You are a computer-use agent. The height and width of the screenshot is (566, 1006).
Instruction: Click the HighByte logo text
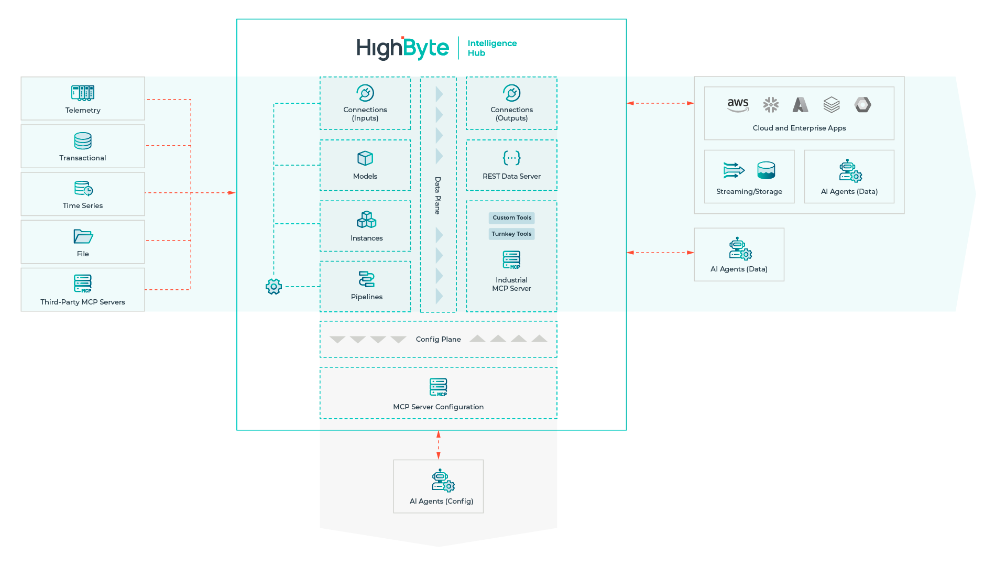click(x=402, y=48)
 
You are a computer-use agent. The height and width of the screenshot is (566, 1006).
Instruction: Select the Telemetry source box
click(x=83, y=99)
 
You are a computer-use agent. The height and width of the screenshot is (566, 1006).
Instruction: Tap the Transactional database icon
click(x=83, y=140)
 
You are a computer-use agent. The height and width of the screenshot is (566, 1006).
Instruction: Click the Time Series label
click(x=83, y=205)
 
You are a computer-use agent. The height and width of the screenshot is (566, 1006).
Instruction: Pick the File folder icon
click(x=83, y=236)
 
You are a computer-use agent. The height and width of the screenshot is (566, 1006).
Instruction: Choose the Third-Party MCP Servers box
click(x=83, y=290)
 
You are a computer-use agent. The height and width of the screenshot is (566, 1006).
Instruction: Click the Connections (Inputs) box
click(x=365, y=103)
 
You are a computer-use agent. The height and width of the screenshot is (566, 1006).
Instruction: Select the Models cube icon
click(x=365, y=158)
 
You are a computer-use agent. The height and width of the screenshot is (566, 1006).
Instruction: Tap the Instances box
click(x=365, y=226)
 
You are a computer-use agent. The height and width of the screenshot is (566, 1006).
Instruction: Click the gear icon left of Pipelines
click(x=274, y=286)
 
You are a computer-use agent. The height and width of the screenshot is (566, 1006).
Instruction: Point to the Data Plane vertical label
click(x=438, y=195)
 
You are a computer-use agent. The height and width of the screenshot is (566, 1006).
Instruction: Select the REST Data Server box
click(x=511, y=165)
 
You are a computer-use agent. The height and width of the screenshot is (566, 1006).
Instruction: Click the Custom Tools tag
click(x=511, y=217)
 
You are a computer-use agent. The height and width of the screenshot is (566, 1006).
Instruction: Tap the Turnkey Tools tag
click(x=511, y=234)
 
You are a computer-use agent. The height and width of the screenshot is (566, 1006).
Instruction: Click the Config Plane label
click(x=438, y=339)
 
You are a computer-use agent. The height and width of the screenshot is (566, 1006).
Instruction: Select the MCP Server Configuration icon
click(x=438, y=387)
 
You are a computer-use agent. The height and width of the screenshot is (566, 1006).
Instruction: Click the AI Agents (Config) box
click(x=438, y=486)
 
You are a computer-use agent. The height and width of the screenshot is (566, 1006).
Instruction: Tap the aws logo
click(x=738, y=104)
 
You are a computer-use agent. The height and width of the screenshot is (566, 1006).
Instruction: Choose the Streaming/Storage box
click(x=749, y=177)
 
